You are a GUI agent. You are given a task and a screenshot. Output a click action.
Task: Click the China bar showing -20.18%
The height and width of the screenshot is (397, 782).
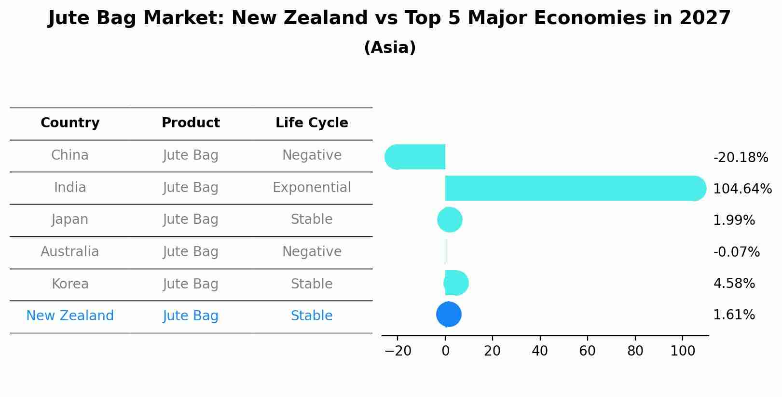click(x=415, y=157)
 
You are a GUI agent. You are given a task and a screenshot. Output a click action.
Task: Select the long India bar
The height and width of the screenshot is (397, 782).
click(x=576, y=188)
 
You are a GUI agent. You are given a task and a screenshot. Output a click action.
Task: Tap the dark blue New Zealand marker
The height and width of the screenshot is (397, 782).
click(x=449, y=314)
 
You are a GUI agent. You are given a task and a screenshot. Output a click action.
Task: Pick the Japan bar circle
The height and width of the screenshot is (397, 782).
click(x=450, y=219)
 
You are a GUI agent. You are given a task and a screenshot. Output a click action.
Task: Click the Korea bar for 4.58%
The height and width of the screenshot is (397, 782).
click(x=456, y=283)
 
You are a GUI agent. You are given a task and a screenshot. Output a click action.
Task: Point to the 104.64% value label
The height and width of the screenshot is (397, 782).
click(x=742, y=189)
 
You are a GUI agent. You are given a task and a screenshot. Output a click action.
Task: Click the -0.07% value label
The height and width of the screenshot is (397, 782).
click(x=736, y=252)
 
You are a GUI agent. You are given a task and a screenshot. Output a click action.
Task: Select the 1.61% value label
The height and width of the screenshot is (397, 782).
click(x=734, y=315)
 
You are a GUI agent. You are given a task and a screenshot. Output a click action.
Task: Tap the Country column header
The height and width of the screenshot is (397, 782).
click(x=70, y=123)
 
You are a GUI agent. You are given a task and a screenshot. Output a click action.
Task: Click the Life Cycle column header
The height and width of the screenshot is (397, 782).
click(x=312, y=123)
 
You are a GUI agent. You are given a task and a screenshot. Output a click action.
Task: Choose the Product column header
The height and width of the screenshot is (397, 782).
click(x=191, y=123)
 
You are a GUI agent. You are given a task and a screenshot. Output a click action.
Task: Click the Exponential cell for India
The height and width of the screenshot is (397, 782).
click(x=312, y=188)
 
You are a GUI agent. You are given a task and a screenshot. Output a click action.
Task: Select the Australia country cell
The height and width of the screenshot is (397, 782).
click(x=70, y=251)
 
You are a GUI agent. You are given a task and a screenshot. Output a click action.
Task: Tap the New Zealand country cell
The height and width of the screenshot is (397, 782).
click(x=70, y=315)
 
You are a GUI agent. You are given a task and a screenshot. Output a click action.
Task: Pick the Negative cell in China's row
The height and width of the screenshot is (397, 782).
click(x=312, y=155)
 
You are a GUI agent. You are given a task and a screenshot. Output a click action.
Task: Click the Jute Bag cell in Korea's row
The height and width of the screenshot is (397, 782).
click(x=191, y=284)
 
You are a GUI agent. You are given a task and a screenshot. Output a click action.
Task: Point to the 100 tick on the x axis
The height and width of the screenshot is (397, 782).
click(x=683, y=351)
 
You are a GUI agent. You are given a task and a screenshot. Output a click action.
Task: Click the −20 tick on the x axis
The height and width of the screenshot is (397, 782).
click(x=398, y=351)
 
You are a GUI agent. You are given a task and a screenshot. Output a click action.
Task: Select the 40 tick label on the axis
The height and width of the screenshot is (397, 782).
click(x=540, y=351)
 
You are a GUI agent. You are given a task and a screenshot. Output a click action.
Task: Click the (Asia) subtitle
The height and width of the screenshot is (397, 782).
click(x=390, y=47)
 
